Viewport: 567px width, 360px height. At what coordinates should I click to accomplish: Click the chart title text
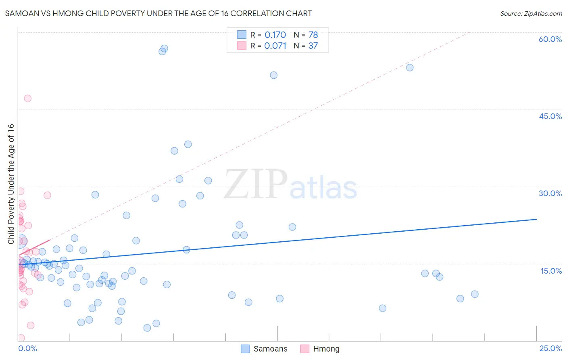(158, 14)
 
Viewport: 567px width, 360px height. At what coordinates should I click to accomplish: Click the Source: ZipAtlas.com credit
(531, 14)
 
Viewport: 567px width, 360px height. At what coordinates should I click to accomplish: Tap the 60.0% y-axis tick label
(550, 39)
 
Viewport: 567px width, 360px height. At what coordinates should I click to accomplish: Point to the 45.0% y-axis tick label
(550, 116)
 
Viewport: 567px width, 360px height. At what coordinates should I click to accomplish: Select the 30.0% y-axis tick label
(550, 193)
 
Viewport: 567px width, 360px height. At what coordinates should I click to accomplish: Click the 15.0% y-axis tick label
(551, 271)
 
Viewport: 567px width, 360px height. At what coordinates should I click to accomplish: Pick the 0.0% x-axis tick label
(27, 348)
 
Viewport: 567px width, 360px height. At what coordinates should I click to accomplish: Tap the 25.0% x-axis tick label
(550, 348)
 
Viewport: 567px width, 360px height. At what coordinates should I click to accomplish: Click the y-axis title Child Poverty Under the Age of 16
(11, 184)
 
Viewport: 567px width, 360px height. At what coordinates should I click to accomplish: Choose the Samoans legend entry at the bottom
(264, 349)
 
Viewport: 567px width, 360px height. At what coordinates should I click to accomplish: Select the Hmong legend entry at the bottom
(321, 349)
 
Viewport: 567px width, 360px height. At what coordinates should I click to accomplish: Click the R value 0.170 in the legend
(275, 35)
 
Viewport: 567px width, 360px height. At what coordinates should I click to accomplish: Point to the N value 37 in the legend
(313, 46)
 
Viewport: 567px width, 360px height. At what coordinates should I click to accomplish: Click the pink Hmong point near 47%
(27, 98)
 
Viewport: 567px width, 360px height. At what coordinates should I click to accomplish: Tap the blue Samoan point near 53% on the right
(410, 67)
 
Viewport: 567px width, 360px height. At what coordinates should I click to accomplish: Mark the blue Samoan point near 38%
(188, 144)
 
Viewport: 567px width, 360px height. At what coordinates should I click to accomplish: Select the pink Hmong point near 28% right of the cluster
(47, 195)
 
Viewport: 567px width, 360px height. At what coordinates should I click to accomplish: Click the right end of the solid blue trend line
(536, 219)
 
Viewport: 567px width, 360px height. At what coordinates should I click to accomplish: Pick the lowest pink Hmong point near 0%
(21, 338)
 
